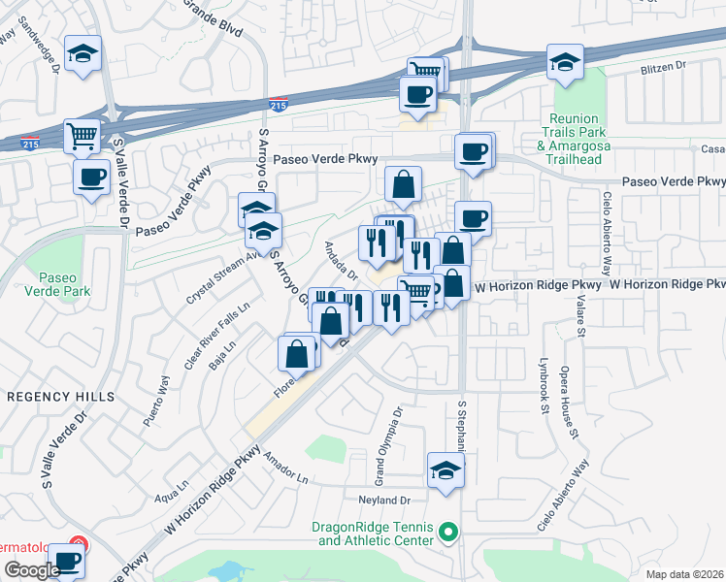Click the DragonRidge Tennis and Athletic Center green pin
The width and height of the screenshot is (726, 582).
coord(446,532)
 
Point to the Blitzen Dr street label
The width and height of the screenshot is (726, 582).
coord(662,67)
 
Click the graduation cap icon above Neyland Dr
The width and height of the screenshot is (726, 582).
coord(445,470)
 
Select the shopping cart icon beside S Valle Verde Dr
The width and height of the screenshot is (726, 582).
coord(82,135)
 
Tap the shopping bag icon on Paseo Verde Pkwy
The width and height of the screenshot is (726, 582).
coord(403,181)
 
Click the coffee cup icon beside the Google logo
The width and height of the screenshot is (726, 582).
coord(67,561)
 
